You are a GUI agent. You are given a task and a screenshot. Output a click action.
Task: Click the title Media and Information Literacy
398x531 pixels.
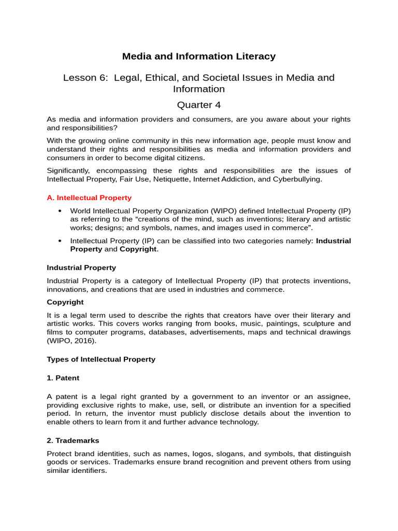tap(198, 57)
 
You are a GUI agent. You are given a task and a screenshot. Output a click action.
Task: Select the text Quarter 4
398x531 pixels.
tap(198, 105)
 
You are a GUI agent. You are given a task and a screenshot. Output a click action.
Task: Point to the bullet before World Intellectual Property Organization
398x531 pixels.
tap(60, 211)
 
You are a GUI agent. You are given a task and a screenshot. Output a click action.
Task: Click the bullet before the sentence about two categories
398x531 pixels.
tap(60, 241)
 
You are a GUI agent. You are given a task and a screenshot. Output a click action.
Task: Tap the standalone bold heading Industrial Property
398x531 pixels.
tap(81, 268)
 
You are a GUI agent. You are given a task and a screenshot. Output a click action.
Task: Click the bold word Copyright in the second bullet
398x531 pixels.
tap(138, 249)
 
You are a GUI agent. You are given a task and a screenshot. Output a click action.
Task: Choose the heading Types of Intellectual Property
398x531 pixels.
tap(101, 359)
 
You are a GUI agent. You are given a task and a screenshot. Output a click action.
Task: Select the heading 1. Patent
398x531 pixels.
tap(63, 378)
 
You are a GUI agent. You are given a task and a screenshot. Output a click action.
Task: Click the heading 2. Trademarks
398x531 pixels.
tap(73, 440)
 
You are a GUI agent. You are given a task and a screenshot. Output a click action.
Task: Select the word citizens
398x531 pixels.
tap(190, 158)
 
